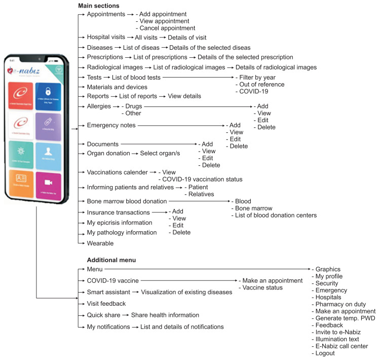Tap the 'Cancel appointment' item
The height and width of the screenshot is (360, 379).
pos(166,28)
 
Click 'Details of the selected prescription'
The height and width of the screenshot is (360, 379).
pos(245,57)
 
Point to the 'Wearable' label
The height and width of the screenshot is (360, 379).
pos(100,243)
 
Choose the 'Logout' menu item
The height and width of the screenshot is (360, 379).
pos(325,353)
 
